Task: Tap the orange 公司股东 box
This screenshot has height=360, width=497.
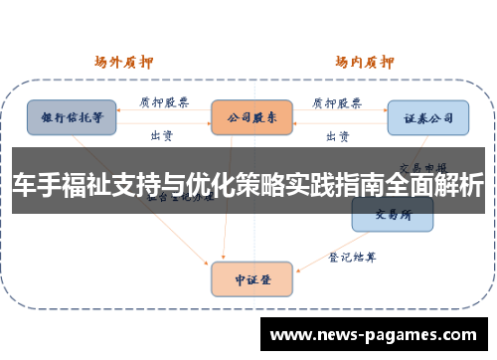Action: pos(250,116)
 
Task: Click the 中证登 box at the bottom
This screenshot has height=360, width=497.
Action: pos(251,279)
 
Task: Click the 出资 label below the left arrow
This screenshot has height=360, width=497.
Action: pos(162,134)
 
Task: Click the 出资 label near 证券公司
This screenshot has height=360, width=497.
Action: pos(338,134)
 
